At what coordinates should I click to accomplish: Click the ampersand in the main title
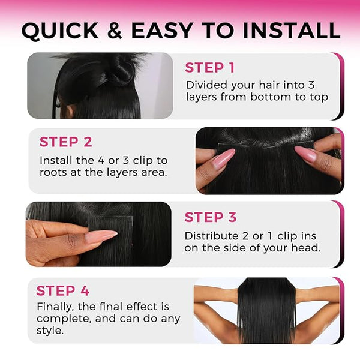(115, 30)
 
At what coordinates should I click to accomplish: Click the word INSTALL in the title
(291, 30)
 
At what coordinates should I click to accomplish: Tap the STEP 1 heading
(209, 68)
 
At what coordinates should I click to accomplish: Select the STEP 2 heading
(65, 142)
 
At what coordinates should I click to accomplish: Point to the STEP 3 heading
(211, 217)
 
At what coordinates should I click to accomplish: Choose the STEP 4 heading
(62, 290)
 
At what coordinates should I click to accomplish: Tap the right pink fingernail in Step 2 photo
(306, 153)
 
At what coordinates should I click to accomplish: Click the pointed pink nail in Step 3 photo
(101, 237)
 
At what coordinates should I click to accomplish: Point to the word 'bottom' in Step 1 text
(271, 97)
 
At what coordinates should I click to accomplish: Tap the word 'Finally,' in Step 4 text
(55, 307)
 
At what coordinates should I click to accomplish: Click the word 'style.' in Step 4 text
(50, 331)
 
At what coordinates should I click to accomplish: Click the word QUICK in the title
(60, 31)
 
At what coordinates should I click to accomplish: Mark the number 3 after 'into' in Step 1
(311, 85)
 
